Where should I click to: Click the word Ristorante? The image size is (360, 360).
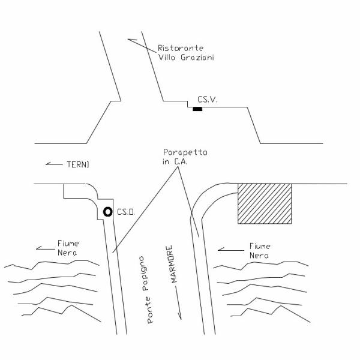(181, 48)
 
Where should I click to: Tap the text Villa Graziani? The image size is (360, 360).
(186, 58)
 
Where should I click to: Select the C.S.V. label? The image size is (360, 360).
(208, 100)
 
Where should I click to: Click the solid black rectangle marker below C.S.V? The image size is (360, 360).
(197, 109)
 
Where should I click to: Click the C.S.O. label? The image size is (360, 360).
(126, 212)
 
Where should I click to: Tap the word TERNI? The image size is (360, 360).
(78, 164)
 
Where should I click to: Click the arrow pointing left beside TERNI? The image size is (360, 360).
(54, 164)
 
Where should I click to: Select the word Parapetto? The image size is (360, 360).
(185, 152)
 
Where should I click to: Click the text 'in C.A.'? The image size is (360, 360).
(175, 161)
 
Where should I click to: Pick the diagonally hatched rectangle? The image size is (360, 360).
(265, 203)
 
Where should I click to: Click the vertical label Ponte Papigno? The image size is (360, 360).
(146, 290)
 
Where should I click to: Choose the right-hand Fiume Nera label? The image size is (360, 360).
(260, 251)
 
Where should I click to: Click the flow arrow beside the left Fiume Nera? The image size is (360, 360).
(46, 248)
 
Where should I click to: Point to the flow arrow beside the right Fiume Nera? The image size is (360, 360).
(231, 250)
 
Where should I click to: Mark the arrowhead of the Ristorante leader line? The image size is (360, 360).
(128, 40)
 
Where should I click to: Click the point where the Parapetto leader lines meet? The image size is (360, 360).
(178, 167)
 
